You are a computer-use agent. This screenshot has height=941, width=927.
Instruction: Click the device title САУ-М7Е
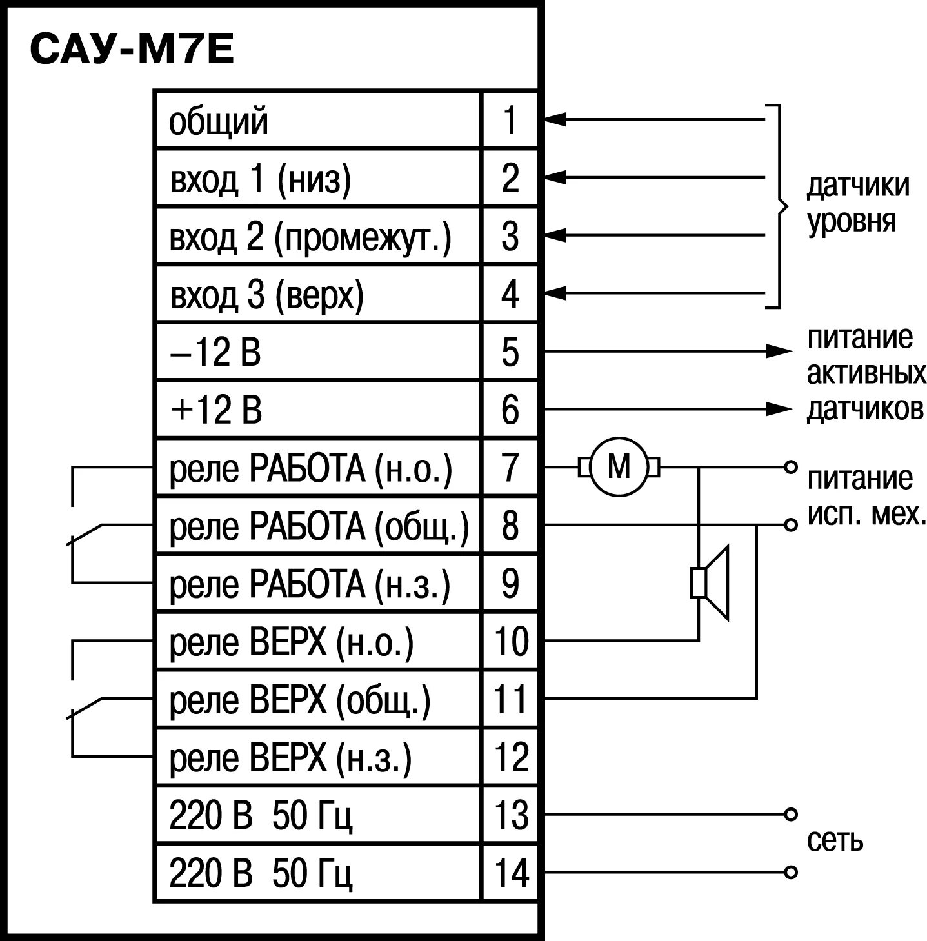132,50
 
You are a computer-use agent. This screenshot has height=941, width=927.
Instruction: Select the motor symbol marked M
619,466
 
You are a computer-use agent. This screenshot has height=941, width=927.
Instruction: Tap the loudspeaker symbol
710,583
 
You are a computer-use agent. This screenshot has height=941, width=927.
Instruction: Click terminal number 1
510,120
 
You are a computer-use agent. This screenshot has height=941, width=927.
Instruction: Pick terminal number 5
510,352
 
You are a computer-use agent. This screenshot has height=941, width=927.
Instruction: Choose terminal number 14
511,873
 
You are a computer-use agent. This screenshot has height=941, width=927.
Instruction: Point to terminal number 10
511,641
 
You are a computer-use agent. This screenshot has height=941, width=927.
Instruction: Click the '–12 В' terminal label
216,353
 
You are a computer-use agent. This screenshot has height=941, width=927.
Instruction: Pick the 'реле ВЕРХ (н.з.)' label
290,757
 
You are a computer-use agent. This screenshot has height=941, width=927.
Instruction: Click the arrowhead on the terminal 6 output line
779,409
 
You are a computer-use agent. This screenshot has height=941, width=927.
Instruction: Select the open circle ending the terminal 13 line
791,814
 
